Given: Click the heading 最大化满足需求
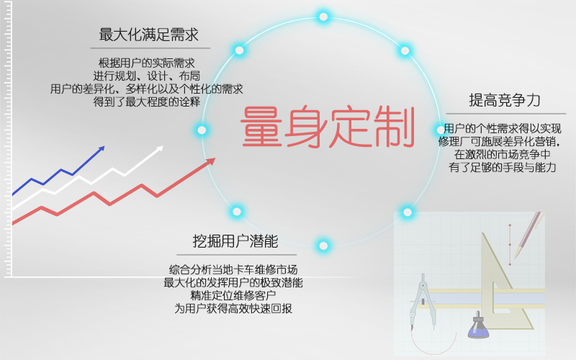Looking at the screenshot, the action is point(149,35).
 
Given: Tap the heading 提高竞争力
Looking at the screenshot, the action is point(505,100).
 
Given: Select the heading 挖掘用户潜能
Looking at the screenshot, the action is point(235,241).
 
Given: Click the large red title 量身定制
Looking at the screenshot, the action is point(328,127).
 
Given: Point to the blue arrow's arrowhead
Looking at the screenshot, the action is point(101,149).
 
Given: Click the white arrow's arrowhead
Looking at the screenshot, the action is point(160,148).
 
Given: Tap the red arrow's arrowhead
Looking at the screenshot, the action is point(210,161).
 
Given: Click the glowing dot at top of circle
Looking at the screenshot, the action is point(323,17).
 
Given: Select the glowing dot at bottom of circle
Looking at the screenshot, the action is point(323,246).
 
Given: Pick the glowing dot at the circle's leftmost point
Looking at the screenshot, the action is point(202,130).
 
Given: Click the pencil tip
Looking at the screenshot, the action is point(516,256).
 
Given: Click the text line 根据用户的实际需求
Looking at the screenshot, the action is point(147,63).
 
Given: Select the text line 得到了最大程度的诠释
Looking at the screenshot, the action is point(147,102).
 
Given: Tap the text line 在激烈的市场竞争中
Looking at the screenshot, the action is point(502,154).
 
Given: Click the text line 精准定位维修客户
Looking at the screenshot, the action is point(233,295).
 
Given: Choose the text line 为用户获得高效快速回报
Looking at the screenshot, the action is point(233,308).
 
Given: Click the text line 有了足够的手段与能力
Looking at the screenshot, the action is point(502,167).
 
